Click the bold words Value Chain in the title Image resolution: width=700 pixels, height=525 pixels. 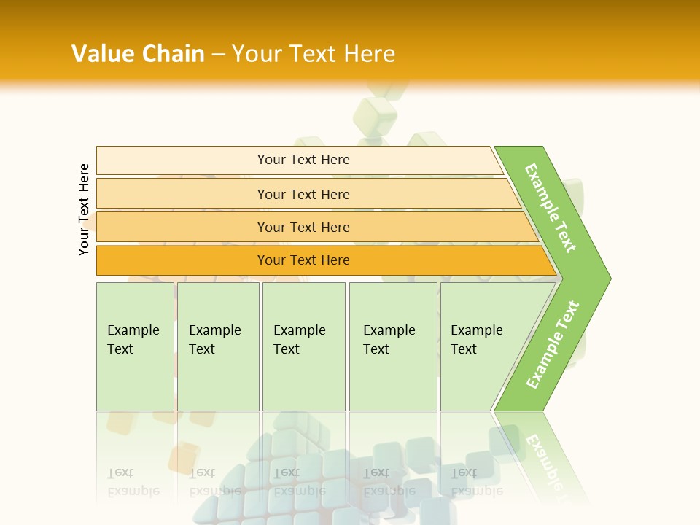point(138,54)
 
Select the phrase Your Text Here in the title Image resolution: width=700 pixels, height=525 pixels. point(314,54)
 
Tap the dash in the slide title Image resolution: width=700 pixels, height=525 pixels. point(218,54)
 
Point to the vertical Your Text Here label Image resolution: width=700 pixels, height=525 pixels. point(84,209)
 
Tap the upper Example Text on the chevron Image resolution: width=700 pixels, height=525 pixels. point(551,208)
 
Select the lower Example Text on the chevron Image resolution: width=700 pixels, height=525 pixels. point(553,344)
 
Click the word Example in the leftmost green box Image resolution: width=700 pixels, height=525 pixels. point(133,330)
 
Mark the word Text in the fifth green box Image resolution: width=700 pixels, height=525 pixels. point(463,349)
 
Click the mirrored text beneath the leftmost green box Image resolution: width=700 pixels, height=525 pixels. point(133,482)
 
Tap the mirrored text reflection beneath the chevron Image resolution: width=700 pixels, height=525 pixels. point(543,459)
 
